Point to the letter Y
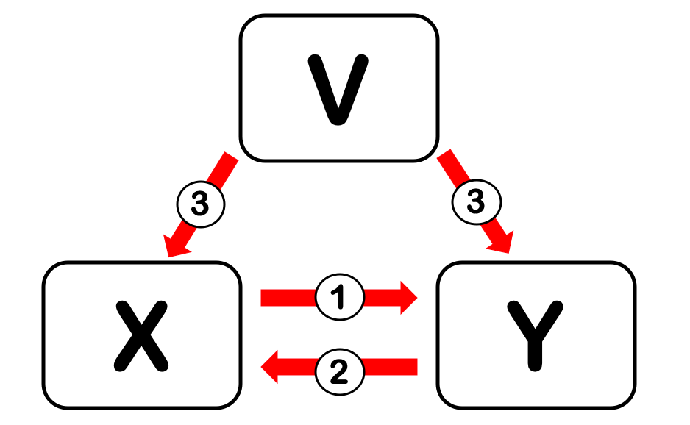click(536, 335)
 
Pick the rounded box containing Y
click(471, 382)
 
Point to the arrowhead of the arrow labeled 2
click(271, 366)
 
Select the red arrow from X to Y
click(287, 298)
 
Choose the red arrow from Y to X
click(390, 366)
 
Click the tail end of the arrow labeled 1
click(265, 298)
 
